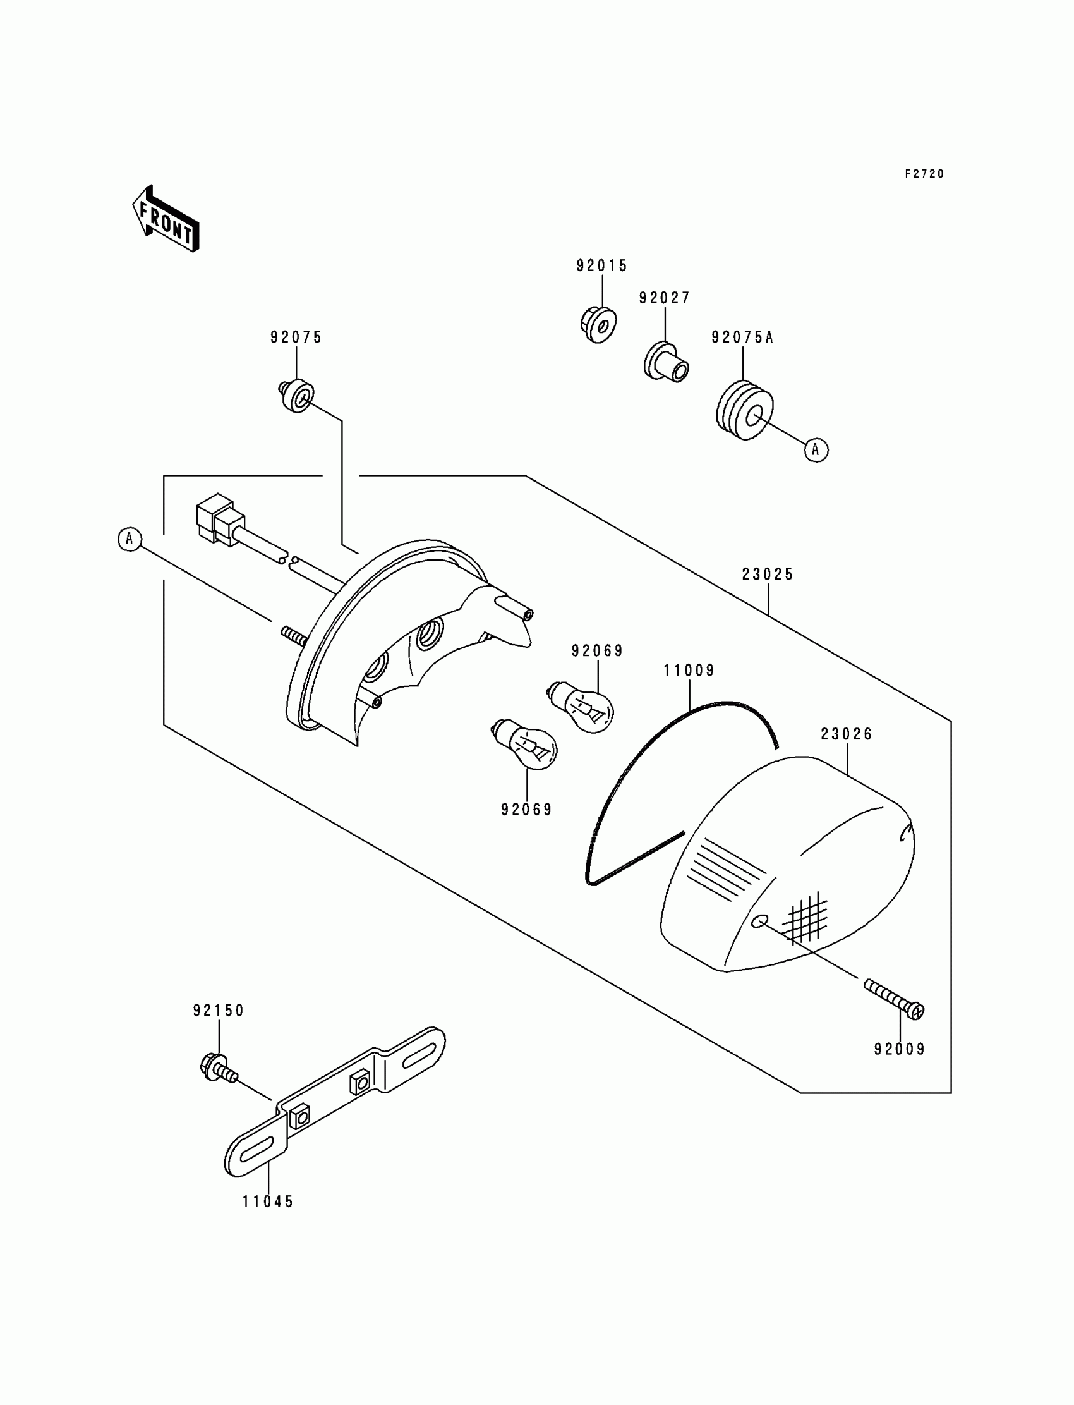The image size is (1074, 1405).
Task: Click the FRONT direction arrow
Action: tap(166, 219)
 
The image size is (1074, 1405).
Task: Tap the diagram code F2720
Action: tap(924, 174)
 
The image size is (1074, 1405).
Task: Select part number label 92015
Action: tap(601, 265)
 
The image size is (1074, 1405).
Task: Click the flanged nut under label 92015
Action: tap(598, 324)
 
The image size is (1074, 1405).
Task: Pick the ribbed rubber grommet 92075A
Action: tap(744, 411)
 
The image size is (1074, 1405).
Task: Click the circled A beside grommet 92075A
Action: tap(816, 449)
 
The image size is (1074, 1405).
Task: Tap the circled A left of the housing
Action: tap(130, 539)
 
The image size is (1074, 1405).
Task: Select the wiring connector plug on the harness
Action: tap(218, 520)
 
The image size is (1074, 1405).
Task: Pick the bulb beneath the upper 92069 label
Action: tap(583, 708)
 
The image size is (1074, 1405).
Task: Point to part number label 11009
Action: tap(689, 670)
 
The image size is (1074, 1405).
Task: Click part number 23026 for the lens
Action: tap(847, 734)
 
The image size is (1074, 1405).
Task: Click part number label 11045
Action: tap(268, 1201)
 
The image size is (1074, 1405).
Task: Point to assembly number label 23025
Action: tap(768, 575)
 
